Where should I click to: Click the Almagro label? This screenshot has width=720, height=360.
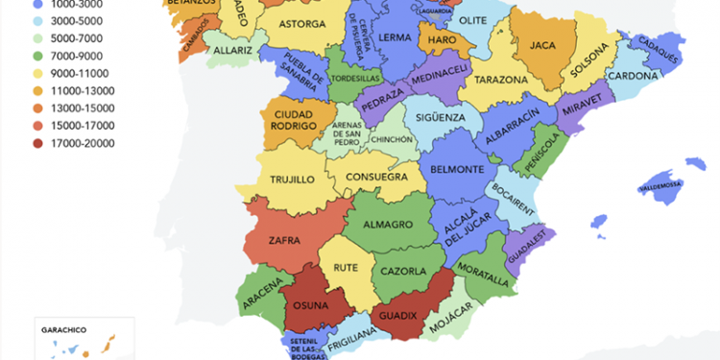(x=389, y=225)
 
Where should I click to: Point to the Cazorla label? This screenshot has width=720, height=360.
(x=403, y=272)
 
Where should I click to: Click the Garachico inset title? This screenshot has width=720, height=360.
(x=65, y=329)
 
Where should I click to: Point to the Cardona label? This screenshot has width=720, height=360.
(x=635, y=75)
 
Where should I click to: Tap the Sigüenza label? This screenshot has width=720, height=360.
(x=442, y=118)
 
